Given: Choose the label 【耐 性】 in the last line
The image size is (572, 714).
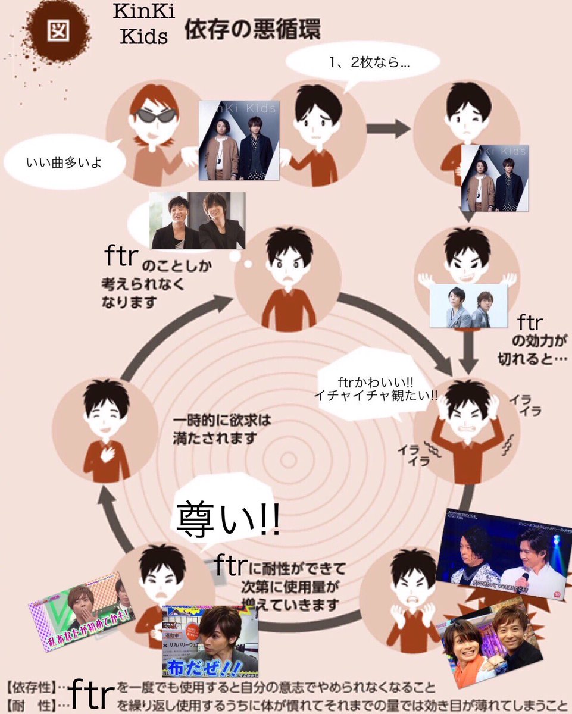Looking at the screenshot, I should (27, 704).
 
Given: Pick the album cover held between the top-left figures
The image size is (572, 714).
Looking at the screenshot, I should (238, 140).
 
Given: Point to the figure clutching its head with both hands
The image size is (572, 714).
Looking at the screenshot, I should (458, 428).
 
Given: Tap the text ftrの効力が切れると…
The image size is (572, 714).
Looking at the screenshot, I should (532, 341).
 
